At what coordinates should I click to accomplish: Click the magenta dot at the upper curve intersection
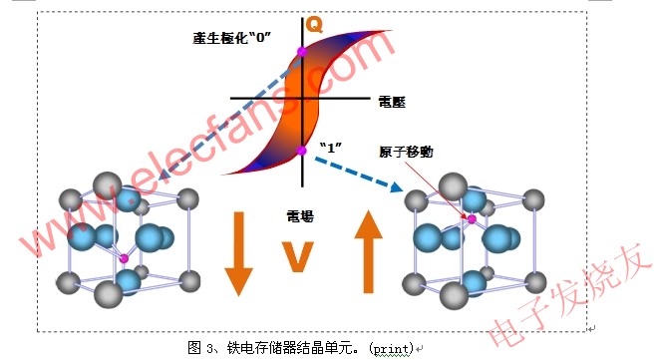pyautogui.click(x=302, y=51)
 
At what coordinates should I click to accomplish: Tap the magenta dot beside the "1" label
pyautogui.click(x=302, y=151)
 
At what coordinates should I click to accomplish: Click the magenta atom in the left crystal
pyautogui.click(x=124, y=259)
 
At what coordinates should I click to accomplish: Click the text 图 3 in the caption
pyautogui.click(x=200, y=347)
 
